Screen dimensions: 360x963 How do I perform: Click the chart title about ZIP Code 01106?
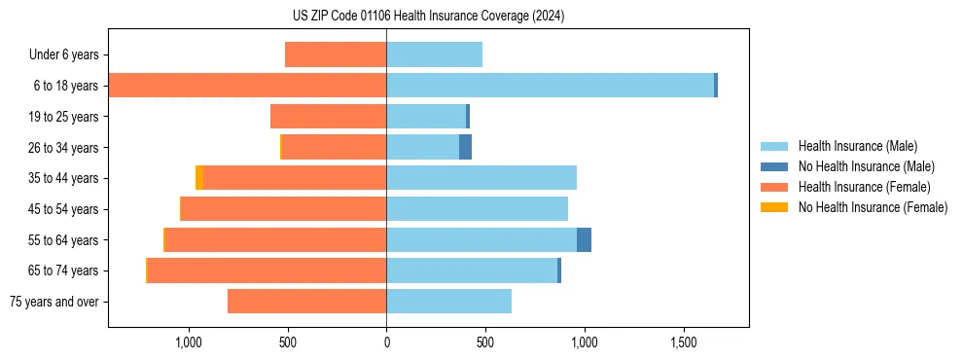tap(428, 17)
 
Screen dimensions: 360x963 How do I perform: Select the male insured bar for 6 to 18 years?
tap(550, 86)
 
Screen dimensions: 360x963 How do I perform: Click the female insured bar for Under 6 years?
tap(336, 54)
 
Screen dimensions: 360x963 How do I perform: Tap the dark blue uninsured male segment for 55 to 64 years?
tap(584, 240)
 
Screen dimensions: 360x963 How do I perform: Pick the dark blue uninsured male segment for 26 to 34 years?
tap(465, 147)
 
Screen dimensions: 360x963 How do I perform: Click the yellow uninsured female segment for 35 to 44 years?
tap(199, 178)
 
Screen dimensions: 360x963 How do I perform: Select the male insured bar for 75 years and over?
tap(448, 302)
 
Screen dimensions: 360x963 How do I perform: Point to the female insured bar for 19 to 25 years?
tap(328, 117)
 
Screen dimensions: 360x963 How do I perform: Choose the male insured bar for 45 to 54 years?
tap(477, 209)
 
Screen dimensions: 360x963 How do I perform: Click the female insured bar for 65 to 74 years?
tap(267, 270)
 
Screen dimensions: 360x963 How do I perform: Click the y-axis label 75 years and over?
tap(53, 302)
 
